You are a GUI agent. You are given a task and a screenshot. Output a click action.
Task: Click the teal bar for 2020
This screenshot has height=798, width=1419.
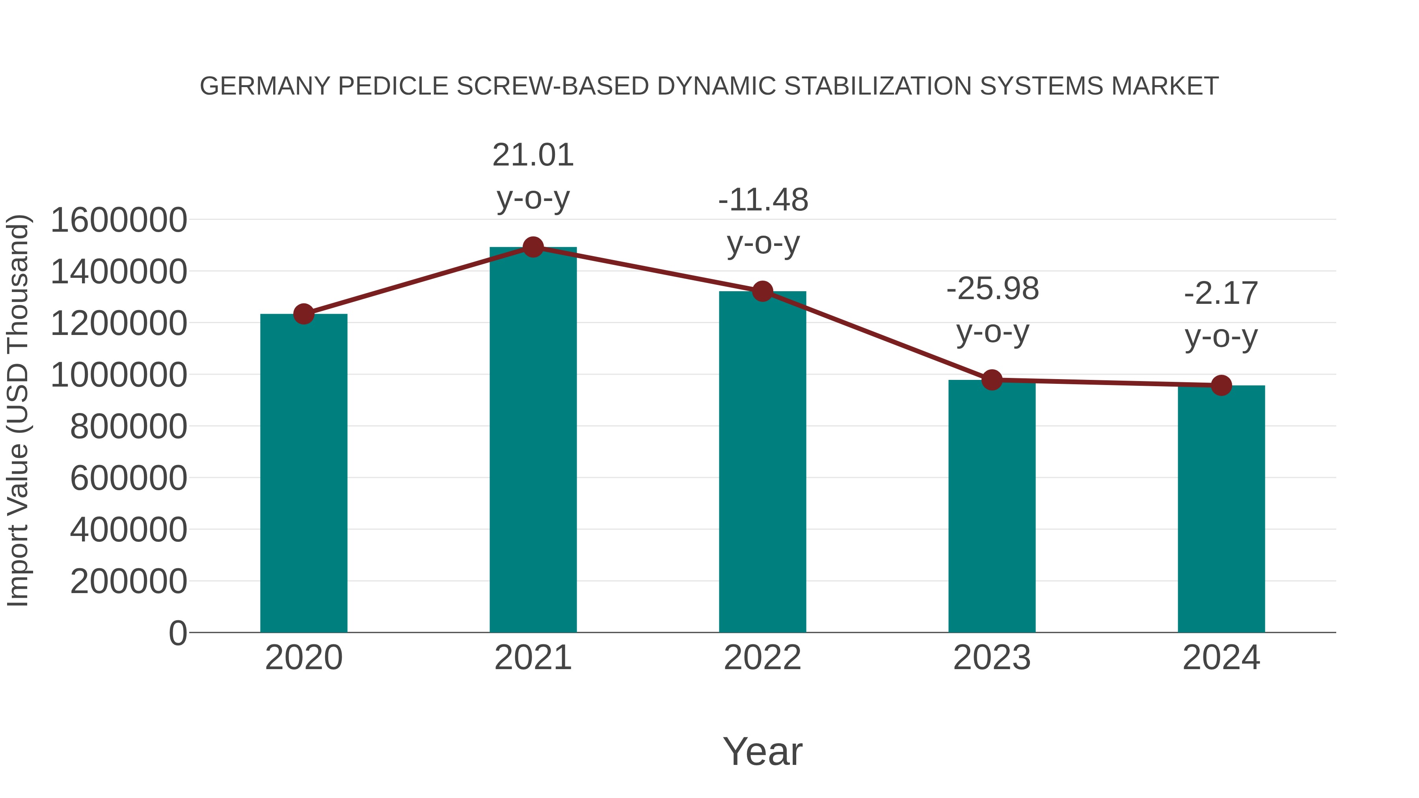point(304,474)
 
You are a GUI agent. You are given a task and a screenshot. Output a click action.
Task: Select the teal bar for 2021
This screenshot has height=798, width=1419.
point(533,441)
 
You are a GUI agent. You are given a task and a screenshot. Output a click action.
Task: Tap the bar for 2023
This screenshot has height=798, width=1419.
point(992,507)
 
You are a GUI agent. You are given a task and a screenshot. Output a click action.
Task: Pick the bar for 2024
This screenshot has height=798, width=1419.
point(1221,510)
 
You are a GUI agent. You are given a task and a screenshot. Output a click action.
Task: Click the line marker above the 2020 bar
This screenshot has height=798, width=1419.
point(304,314)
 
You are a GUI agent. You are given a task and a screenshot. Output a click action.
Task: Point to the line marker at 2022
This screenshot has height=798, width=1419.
point(762,291)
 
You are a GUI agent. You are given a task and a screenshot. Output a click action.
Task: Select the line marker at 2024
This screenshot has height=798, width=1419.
point(1221,385)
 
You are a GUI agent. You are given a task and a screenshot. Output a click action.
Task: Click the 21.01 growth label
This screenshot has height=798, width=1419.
point(533,155)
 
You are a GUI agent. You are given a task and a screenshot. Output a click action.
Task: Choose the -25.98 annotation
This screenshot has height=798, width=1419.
point(992,289)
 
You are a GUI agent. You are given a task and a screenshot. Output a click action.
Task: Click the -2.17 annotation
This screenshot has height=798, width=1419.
point(1221,294)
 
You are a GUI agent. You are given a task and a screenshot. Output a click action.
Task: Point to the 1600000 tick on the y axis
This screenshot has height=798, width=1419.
point(118,220)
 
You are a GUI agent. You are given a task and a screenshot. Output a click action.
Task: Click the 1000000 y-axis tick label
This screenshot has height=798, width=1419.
point(118,375)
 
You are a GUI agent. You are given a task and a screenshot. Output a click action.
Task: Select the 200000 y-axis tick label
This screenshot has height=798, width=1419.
point(128,582)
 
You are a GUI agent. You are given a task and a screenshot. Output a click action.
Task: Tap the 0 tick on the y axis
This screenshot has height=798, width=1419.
point(177,633)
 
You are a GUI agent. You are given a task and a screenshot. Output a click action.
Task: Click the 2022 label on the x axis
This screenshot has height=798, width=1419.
point(762,658)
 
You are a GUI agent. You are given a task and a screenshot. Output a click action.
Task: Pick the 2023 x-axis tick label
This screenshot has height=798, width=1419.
point(992,658)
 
